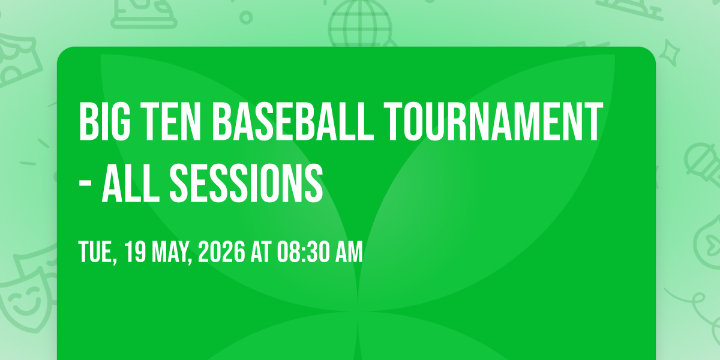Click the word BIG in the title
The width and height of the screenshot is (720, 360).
click(104, 122)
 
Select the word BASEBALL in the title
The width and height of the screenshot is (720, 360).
click(293, 122)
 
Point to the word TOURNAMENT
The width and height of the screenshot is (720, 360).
click(493, 122)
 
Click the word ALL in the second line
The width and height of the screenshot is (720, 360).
click(131, 183)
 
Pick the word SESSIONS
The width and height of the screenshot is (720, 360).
click(246, 183)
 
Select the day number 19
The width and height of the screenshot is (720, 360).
click(135, 251)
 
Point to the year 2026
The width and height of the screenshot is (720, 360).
click(221, 251)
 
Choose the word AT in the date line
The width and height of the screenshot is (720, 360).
click(262, 251)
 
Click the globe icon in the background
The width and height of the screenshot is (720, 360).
click(360, 23)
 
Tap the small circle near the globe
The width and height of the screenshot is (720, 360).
click(246, 17)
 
